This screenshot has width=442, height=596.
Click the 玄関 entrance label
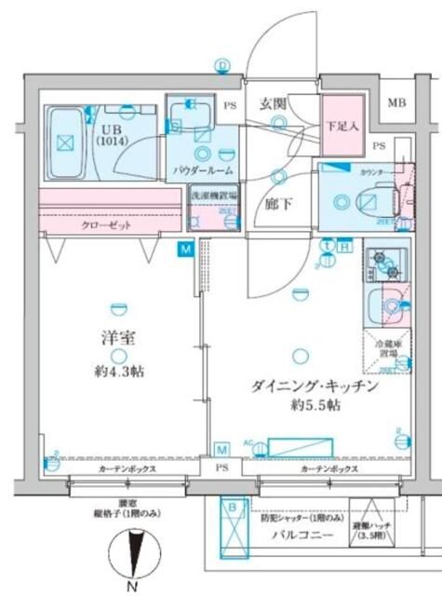coord(273,103)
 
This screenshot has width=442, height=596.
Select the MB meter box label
coord(397,102)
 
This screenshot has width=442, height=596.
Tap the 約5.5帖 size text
coord(314,409)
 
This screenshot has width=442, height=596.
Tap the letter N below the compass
coord(132,586)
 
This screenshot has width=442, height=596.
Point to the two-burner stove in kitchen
coord(384,266)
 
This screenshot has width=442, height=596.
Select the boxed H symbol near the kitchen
coord(345,246)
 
